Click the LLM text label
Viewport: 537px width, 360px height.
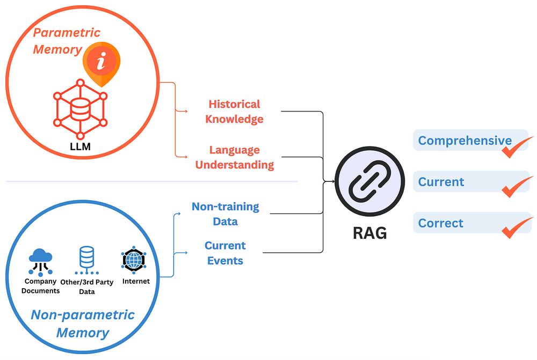point(81,145)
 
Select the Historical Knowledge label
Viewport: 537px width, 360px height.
point(234,111)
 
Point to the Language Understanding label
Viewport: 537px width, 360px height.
point(234,157)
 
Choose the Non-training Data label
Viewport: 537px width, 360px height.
point(225,214)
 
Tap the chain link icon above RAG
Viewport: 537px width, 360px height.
point(369,182)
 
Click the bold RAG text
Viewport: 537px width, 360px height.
point(369,233)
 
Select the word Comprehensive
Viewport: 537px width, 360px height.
point(465,141)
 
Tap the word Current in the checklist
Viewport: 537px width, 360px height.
point(441,182)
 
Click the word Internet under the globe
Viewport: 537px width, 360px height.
point(136,281)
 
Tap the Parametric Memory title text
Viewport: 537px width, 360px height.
point(59,41)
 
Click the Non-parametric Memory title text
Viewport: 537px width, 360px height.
point(83,323)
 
